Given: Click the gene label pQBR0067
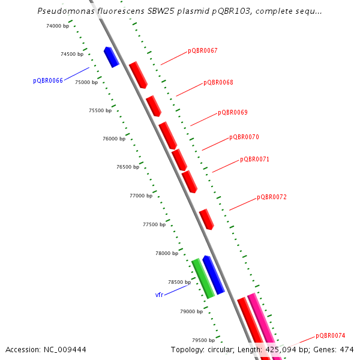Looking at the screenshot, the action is [x=202, y=51].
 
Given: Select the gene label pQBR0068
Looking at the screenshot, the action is [x=218, y=83].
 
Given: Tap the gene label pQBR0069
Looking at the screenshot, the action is [x=232, y=113].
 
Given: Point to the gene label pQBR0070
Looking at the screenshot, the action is [x=244, y=137].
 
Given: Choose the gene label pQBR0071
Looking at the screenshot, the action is [x=254, y=160].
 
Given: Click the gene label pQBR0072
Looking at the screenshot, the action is [x=271, y=197].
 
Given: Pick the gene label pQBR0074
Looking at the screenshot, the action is [x=330, y=336].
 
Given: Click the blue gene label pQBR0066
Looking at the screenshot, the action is [x=48, y=80].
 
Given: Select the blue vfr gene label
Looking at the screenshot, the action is [x=159, y=295].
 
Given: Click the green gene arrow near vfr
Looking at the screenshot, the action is [x=203, y=278].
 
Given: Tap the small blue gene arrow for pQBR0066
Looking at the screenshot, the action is [x=111, y=57].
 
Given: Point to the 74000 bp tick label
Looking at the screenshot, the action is [x=58, y=26].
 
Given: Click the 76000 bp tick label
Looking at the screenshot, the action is [x=114, y=139].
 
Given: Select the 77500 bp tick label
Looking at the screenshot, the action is [x=154, y=224].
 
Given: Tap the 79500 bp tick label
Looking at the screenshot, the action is [x=203, y=340].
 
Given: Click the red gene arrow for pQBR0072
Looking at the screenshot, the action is [x=206, y=219].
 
